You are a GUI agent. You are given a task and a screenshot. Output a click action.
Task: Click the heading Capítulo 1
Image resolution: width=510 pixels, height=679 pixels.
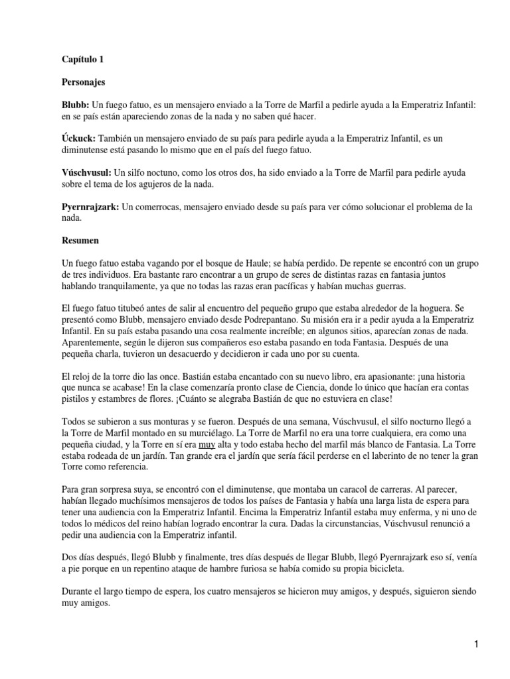click(x=82, y=59)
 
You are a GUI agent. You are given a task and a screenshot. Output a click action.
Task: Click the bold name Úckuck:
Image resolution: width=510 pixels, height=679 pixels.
click(x=78, y=138)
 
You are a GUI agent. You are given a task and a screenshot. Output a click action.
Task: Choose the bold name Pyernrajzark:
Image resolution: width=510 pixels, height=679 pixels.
click(x=90, y=207)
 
